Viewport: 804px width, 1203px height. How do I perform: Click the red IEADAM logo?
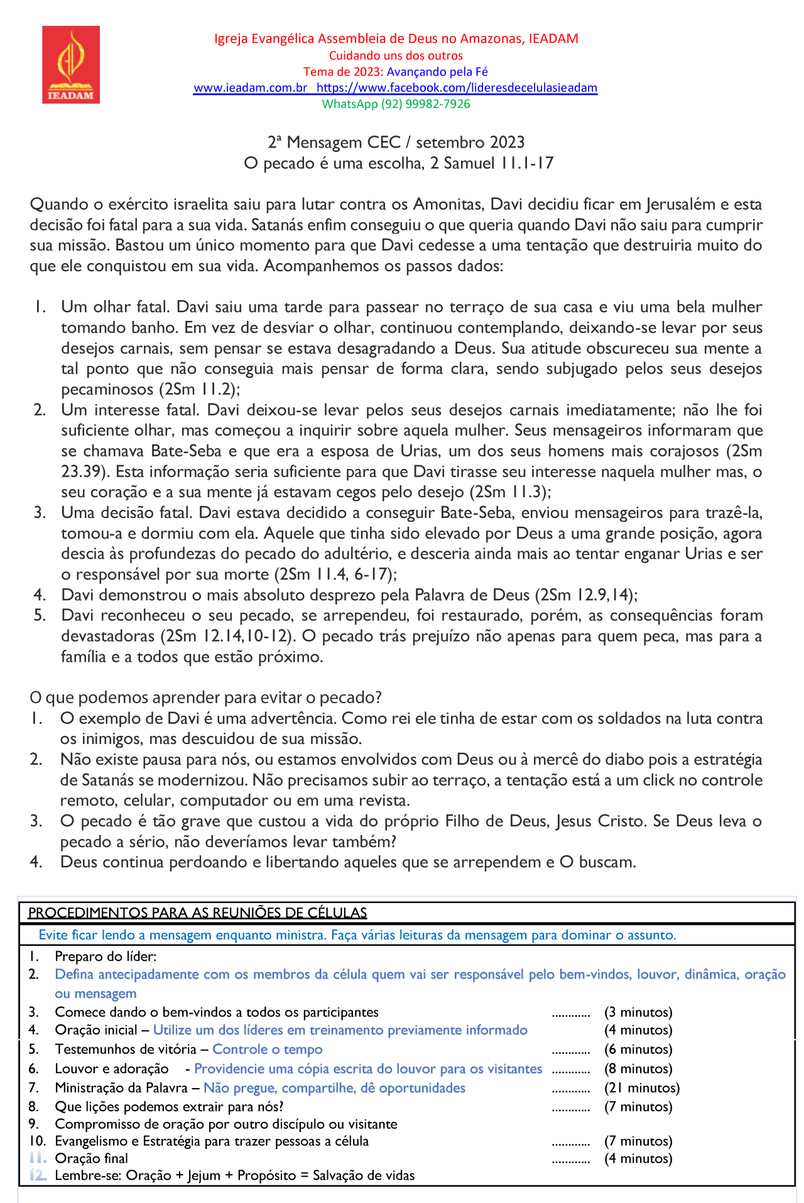[71, 64]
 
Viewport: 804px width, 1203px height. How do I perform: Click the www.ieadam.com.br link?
[250, 88]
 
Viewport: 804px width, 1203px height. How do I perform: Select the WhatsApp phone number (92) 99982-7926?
[425, 104]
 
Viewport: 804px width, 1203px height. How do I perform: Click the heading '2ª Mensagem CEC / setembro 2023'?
[396, 143]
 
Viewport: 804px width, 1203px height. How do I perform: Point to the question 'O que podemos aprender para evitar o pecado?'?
[206, 698]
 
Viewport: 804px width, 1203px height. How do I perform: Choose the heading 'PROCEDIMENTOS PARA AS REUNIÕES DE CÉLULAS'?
[198, 912]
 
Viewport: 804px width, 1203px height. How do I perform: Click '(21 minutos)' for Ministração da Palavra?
[642, 1088]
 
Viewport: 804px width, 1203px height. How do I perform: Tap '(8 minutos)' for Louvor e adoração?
[638, 1069]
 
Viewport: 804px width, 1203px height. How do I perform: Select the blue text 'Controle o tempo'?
[267, 1049]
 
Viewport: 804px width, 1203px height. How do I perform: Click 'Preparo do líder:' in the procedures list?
[106, 956]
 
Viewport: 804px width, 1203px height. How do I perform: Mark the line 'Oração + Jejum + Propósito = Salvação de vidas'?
[270, 1175]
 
